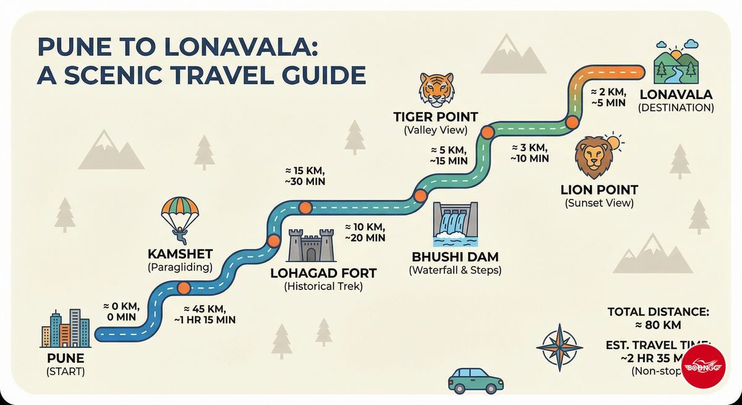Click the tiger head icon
click(x=436, y=89)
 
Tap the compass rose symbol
click(x=559, y=348)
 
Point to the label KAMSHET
click(x=179, y=255)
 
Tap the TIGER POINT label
click(x=436, y=116)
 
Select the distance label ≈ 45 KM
click(x=204, y=308)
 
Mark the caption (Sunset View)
click(x=599, y=203)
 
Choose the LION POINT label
click(x=599, y=189)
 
